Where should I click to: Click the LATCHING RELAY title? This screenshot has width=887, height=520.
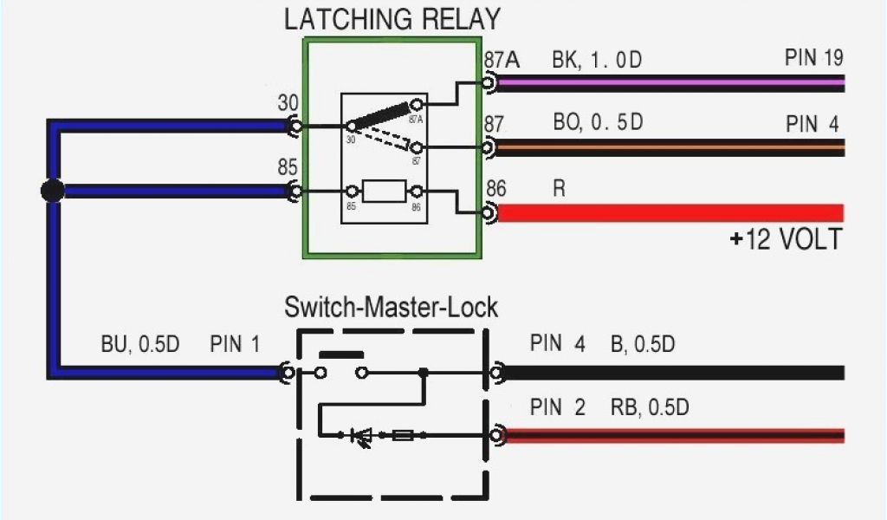point(392,19)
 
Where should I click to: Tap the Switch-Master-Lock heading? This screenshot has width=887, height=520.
point(392,307)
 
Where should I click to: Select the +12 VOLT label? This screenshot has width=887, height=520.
point(785,239)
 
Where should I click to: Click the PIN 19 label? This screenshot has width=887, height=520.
point(813,58)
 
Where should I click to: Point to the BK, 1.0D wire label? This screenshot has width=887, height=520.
point(599,60)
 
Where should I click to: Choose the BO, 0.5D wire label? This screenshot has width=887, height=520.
point(599,122)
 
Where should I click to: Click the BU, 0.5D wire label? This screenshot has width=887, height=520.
point(139,344)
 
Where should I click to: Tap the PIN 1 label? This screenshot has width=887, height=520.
point(234,344)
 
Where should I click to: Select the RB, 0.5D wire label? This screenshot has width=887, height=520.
point(650,406)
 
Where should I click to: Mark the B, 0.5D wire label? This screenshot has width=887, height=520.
point(642,344)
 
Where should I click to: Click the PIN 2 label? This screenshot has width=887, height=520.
point(557,406)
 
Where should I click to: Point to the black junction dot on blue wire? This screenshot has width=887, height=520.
point(53,191)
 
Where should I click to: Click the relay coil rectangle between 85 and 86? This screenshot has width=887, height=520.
point(383,191)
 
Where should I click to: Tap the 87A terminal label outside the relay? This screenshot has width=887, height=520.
point(502,61)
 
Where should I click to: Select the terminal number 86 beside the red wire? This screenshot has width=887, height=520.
point(496,189)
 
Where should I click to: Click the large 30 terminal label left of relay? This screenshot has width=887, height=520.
point(288,103)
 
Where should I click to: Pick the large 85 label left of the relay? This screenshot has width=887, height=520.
point(288,167)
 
